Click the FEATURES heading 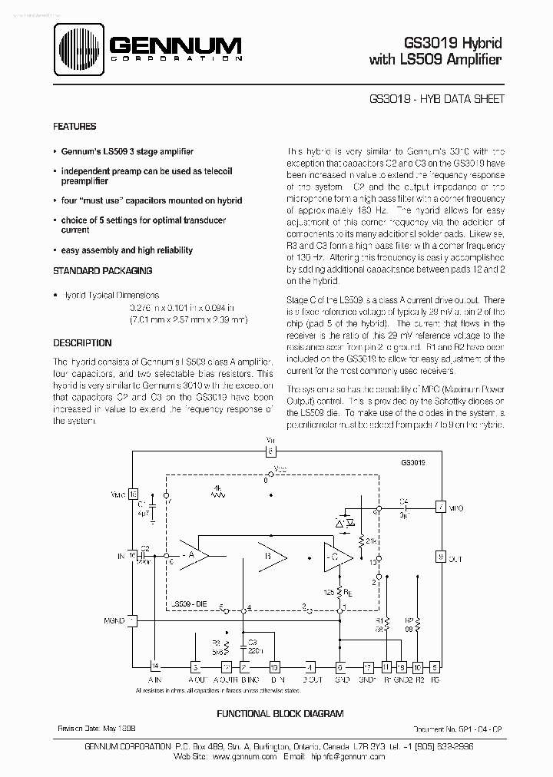click(x=75, y=127)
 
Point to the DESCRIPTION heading click(x=82, y=343)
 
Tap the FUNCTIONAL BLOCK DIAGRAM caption click(x=280, y=713)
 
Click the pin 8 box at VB click(x=270, y=451)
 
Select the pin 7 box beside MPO click(x=440, y=507)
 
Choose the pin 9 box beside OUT click(x=440, y=557)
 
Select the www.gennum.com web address click(x=243, y=756)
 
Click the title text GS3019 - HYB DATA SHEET click(x=435, y=99)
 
